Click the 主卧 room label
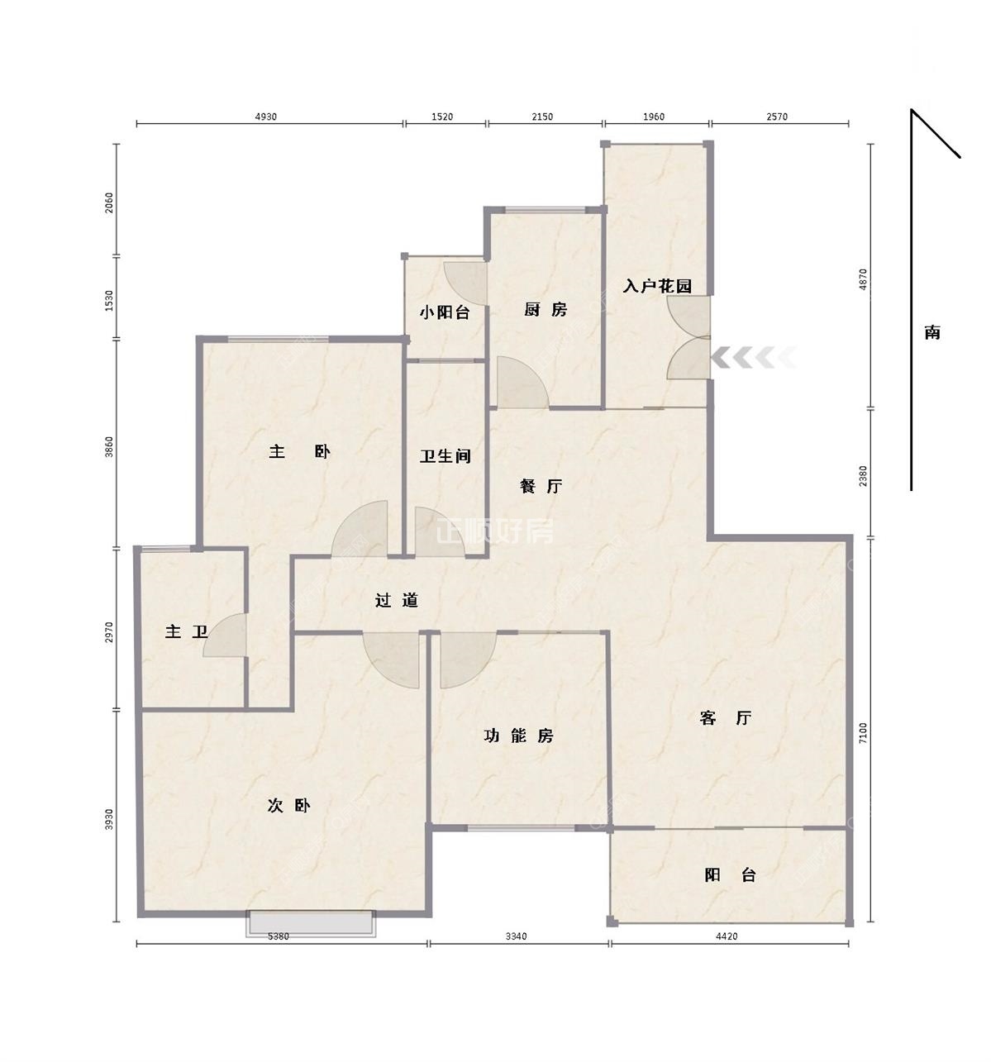coord(299,452)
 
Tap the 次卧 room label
coord(288,806)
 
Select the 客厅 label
coord(725,717)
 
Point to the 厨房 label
coord(545,309)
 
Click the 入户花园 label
coord(657,286)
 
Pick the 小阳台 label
coord(445,312)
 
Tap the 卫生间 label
coord(445,456)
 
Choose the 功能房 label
coord(518,736)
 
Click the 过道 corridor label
coord(396,601)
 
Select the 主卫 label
coord(186,631)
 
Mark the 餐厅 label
coord(541,486)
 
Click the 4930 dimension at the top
coord(266,117)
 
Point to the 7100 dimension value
coord(863,732)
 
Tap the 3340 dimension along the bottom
coord(516,936)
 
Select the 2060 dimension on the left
coord(110,202)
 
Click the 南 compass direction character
coord(932,332)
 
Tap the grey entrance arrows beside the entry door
coord(754,358)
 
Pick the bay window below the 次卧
coord(311,924)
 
